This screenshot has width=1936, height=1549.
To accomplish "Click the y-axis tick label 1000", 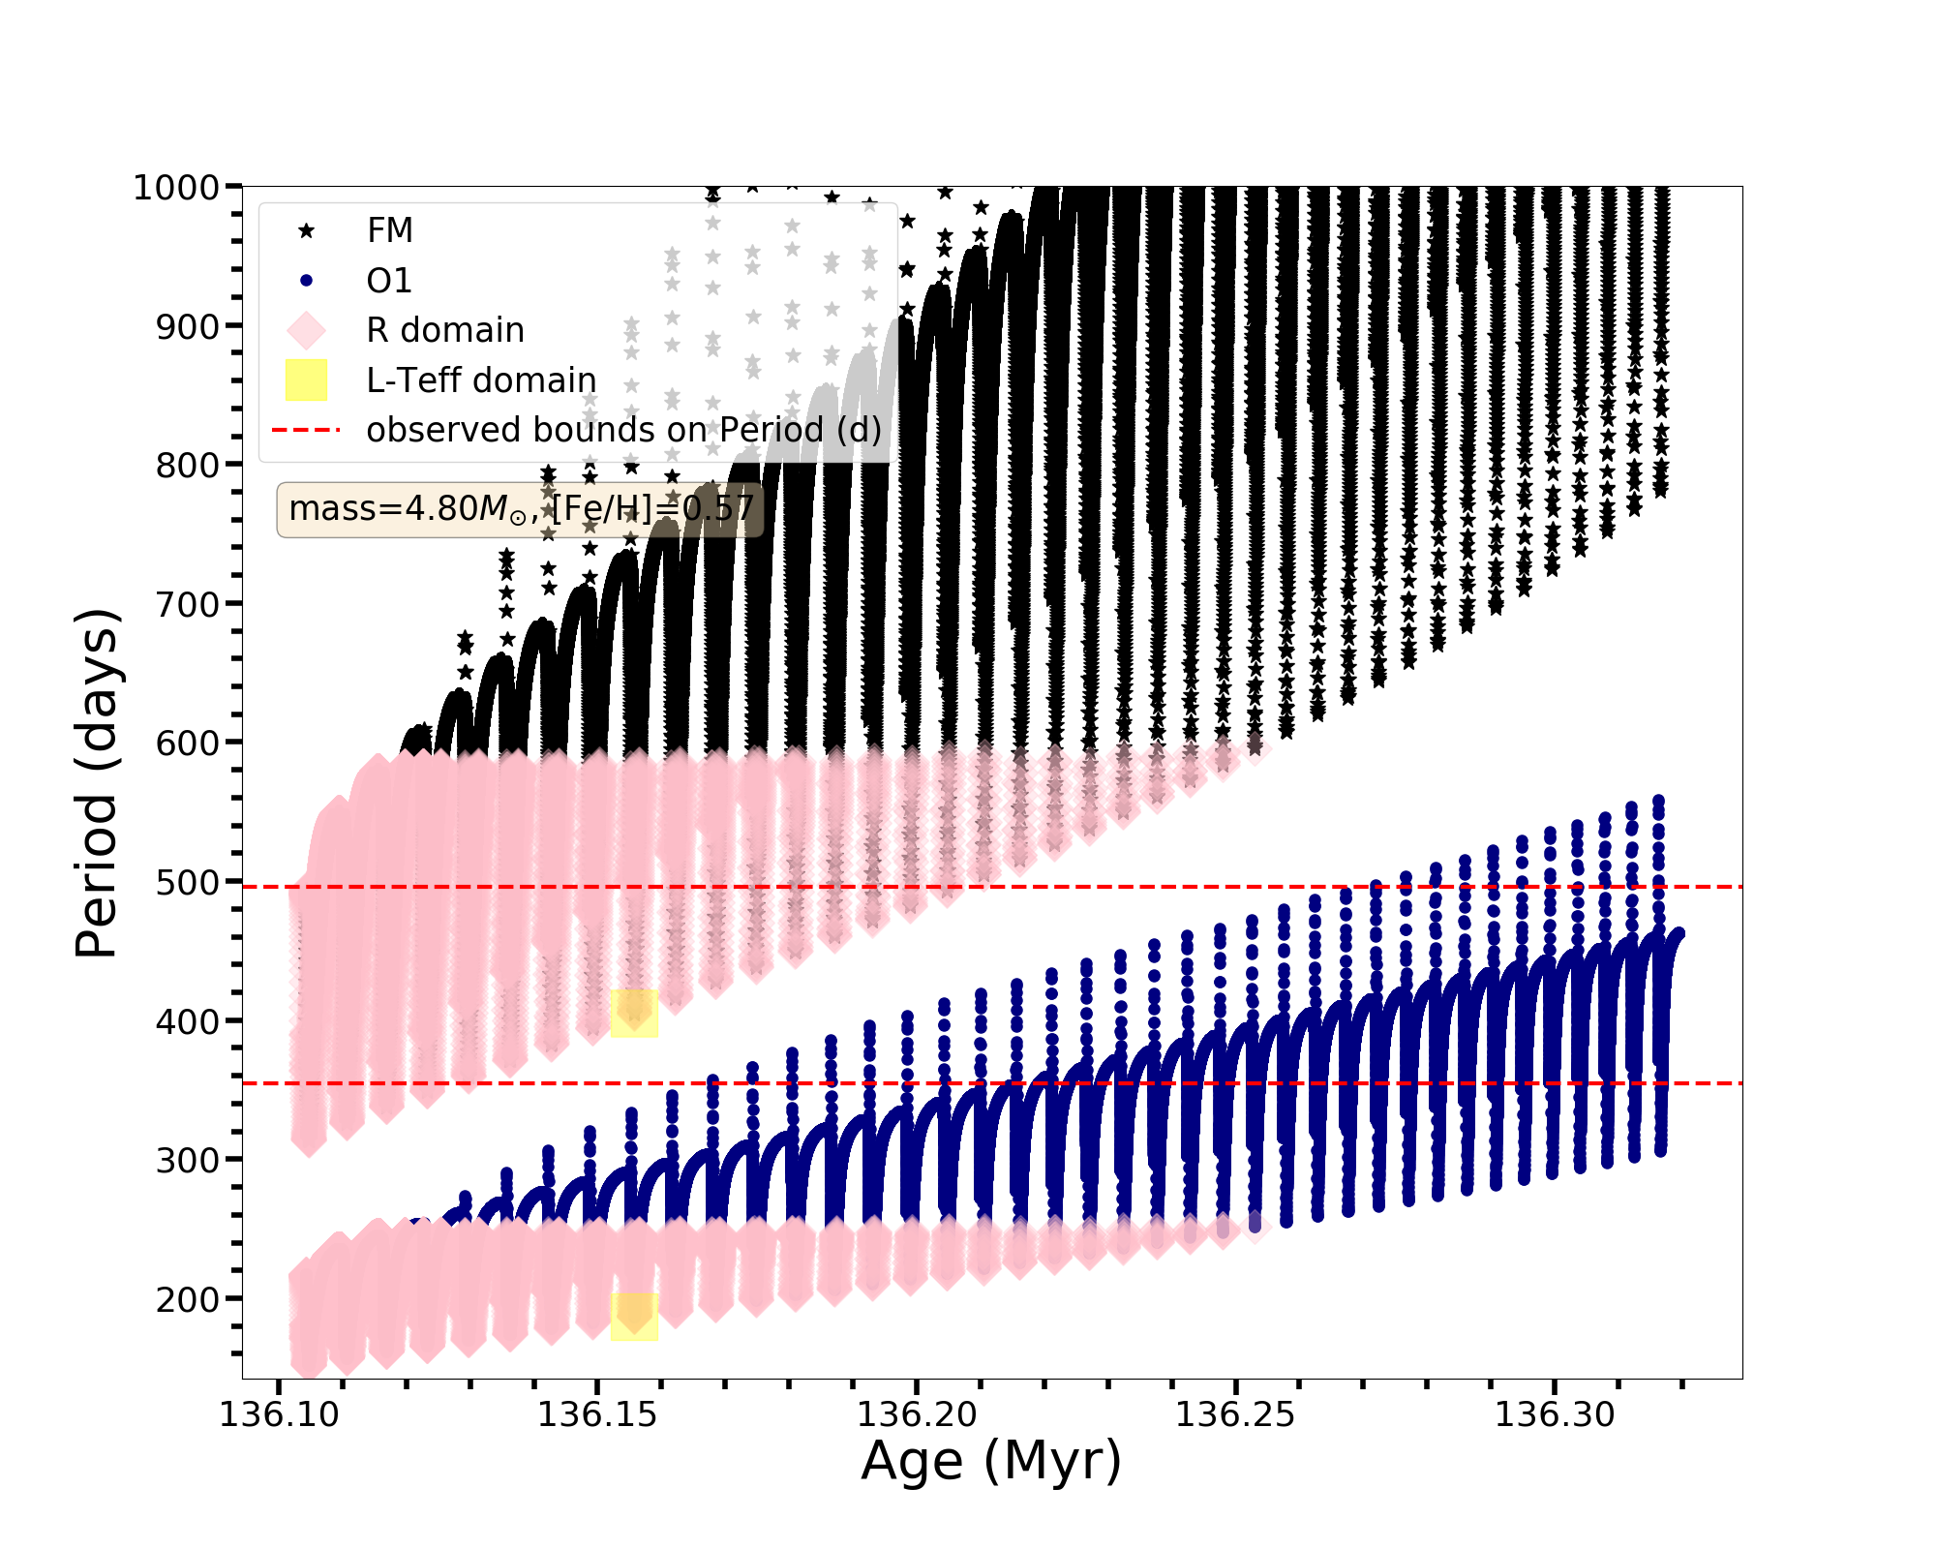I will [176, 187].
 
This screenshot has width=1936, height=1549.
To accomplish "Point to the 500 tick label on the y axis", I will [188, 882].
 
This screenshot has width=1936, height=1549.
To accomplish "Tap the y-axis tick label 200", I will [188, 1299].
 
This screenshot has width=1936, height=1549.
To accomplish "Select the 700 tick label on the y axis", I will [188, 604].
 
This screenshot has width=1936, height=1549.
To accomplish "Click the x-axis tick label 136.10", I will [280, 1414].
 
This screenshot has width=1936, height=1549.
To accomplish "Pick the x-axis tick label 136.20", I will [917, 1414].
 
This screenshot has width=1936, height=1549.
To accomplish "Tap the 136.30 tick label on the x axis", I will [1555, 1414].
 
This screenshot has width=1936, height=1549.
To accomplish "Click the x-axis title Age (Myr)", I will [991, 1461].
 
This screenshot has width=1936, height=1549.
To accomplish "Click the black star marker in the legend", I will [306, 230].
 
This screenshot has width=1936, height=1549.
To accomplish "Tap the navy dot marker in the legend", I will [306, 281].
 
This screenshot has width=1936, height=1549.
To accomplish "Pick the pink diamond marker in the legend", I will [306, 330].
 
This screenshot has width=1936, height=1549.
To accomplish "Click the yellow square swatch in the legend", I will [306, 380].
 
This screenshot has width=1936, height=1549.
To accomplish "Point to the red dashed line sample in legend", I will [306, 430].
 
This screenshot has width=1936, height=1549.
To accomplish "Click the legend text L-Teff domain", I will [481, 380].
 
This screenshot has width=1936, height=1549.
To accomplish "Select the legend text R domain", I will [445, 330].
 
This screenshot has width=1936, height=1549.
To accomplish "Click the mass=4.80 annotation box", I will [520, 509].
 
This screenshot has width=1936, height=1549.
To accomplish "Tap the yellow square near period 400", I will [634, 1013].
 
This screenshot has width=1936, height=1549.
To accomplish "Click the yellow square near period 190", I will [634, 1317].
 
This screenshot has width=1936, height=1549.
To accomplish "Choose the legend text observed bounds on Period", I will [624, 430].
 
